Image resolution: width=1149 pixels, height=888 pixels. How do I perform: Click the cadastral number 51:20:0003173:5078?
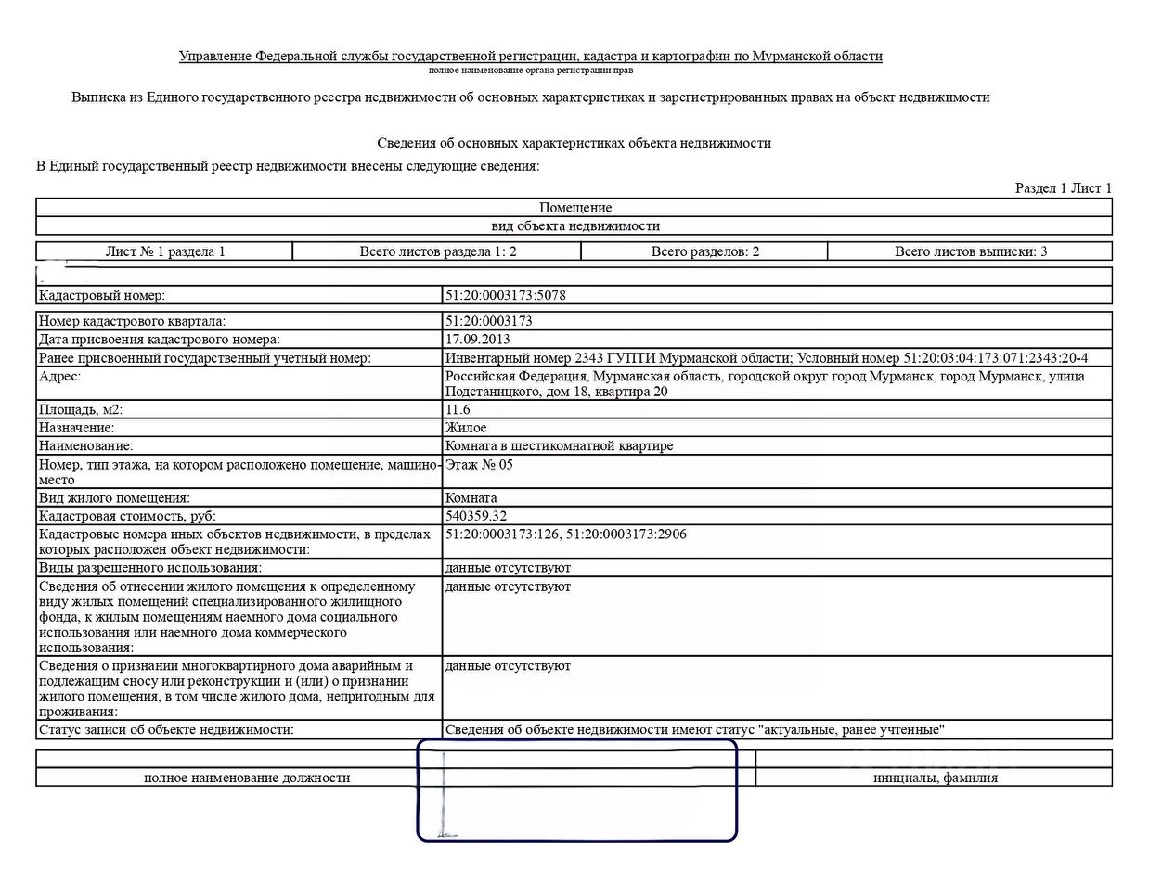click(505, 296)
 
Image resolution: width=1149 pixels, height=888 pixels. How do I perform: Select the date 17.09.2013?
click(477, 340)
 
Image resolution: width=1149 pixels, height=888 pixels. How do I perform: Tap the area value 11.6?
click(458, 409)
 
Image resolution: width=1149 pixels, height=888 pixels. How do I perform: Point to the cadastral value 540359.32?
click(476, 516)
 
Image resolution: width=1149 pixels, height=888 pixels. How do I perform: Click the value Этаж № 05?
click(479, 465)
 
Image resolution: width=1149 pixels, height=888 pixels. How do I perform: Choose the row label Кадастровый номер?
click(102, 296)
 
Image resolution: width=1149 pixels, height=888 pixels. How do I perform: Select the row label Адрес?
click(59, 377)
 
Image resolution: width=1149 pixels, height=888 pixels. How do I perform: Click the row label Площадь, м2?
click(81, 409)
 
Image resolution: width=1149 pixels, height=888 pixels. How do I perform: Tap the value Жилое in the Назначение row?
click(466, 428)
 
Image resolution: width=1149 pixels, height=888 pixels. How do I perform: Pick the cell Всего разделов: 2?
click(704, 251)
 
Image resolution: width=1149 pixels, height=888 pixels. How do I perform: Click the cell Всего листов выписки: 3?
click(970, 251)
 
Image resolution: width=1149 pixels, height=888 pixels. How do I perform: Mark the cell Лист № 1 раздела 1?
click(165, 251)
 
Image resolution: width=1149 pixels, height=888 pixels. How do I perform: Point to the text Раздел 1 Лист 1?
click(1063, 188)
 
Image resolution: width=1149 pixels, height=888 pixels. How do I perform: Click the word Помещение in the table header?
click(575, 208)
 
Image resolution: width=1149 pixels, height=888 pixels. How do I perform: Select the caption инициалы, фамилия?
click(935, 778)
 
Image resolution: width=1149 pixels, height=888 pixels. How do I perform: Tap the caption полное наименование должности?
click(247, 778)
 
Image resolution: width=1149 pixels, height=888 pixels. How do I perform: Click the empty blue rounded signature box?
click(576, 791)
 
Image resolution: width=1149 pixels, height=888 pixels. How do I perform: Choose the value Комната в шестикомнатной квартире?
click(560, 446)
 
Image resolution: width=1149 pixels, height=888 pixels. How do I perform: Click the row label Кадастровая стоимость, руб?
click(131, 516)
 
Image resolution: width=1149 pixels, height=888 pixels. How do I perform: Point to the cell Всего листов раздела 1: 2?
click(438, 251)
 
